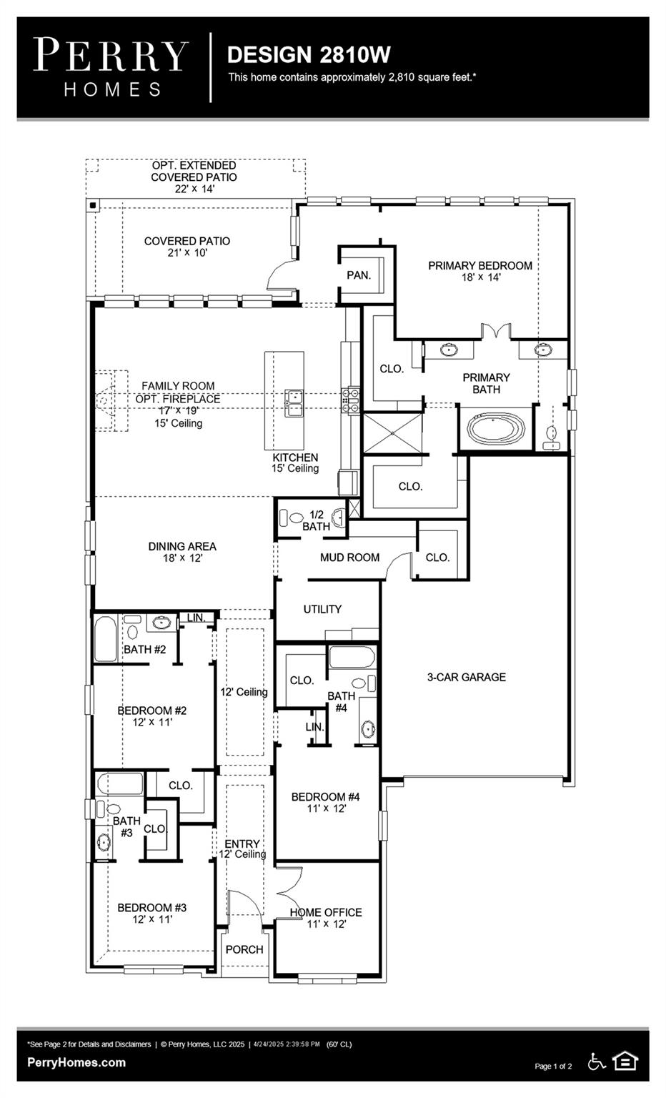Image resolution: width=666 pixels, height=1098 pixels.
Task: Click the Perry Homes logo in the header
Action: (x=111, y=67)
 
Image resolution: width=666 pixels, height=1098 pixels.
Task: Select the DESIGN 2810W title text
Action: (x=309, y=54)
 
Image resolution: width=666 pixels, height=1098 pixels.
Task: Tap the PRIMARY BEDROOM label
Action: (x=479, y=265)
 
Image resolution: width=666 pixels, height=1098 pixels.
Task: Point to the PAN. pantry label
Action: (x=358, y=275)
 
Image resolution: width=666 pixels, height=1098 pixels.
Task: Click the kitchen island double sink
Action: (x=293, y=402)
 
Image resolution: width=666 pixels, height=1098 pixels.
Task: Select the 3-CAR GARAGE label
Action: (x=466, y=677)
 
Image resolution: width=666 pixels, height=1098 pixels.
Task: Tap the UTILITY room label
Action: (x=322, y=609)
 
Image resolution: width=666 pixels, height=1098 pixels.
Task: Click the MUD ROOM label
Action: (x=349, y=558)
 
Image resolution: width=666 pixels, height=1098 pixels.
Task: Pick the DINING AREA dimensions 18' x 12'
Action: (x=182, y=558)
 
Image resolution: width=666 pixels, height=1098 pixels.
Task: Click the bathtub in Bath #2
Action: (x=105, y=638)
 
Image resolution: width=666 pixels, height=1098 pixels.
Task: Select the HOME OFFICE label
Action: (x=325, y=912)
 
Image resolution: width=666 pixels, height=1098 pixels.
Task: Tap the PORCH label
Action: (x=244, y=949)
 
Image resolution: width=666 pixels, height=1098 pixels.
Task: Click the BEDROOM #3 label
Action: (x=151, y=908)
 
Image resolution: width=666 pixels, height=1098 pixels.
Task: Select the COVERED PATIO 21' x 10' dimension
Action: (x=187, y=253)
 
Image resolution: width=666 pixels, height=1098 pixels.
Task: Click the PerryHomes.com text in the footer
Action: (x=76, y=1062)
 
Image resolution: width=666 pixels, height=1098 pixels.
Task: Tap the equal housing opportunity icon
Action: (x=625, y=1061)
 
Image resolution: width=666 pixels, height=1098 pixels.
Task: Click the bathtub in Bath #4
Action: (x=352, y=656)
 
